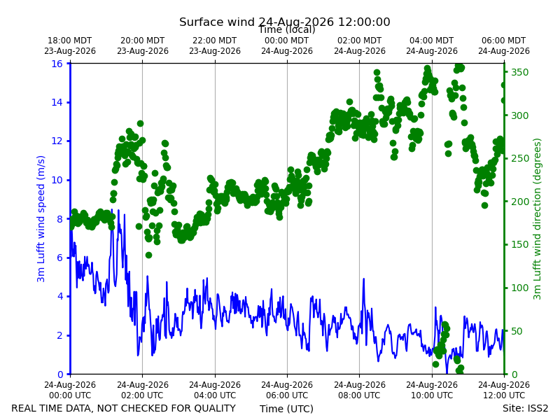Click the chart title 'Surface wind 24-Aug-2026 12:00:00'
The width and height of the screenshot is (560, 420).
[x=284, y=22]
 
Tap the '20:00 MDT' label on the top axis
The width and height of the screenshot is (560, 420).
[x=143, y=41]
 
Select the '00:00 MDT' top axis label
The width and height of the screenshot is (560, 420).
[x=286, y=41]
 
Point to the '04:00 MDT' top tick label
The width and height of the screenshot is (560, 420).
[x=431, y=41]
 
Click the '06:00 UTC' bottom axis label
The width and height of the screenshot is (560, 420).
[x=287, y=395]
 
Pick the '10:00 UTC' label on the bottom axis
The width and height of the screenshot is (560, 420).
[x=432, y=395]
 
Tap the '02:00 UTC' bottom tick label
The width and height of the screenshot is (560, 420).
[x=143, y=395]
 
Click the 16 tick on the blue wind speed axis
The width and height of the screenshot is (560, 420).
[x=57, y=64]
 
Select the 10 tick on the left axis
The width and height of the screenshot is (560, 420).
[x=57, y=180]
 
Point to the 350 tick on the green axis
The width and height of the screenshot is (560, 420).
[x=519, y=72]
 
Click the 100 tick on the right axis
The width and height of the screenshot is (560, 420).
[x=519, y=288]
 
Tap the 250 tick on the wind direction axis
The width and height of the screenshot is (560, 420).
[x=519, y=159]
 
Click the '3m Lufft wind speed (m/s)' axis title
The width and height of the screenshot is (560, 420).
[x=41, y=218]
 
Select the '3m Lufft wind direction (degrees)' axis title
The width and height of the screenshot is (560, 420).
[x=537, y=219]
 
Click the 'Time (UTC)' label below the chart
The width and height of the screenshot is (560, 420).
[x=286, y=409]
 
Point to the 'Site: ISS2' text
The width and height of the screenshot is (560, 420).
[x=525, y=408]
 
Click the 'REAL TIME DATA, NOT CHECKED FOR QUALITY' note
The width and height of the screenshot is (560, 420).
[x=124, y=408]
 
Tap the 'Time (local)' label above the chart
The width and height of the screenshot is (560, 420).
[x=287, y=29]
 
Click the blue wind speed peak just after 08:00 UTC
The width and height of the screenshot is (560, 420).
[x=363, y=279]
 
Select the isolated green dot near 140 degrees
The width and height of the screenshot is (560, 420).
[x=148, y=255]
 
